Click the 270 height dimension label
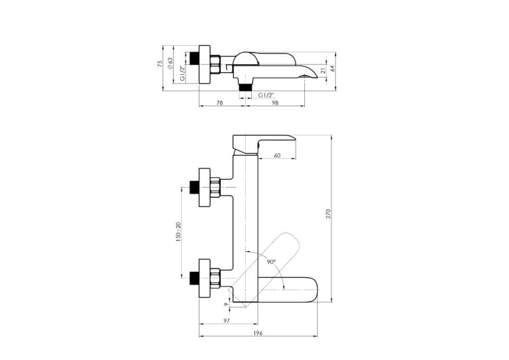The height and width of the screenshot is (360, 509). click(328, 214)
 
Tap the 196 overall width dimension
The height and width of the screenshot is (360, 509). click(258, 333)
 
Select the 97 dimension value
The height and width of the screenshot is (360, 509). click(227, 320)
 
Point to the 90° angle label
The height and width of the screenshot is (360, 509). click(271, 262)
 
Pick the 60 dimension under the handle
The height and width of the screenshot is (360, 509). click(277, 156)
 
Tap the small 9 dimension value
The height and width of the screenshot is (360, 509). click(226, 304)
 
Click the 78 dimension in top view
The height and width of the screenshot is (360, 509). click(219, 103)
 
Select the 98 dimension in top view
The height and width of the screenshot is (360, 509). click(275, 103)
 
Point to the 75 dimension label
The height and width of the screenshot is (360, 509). click(159, 64)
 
